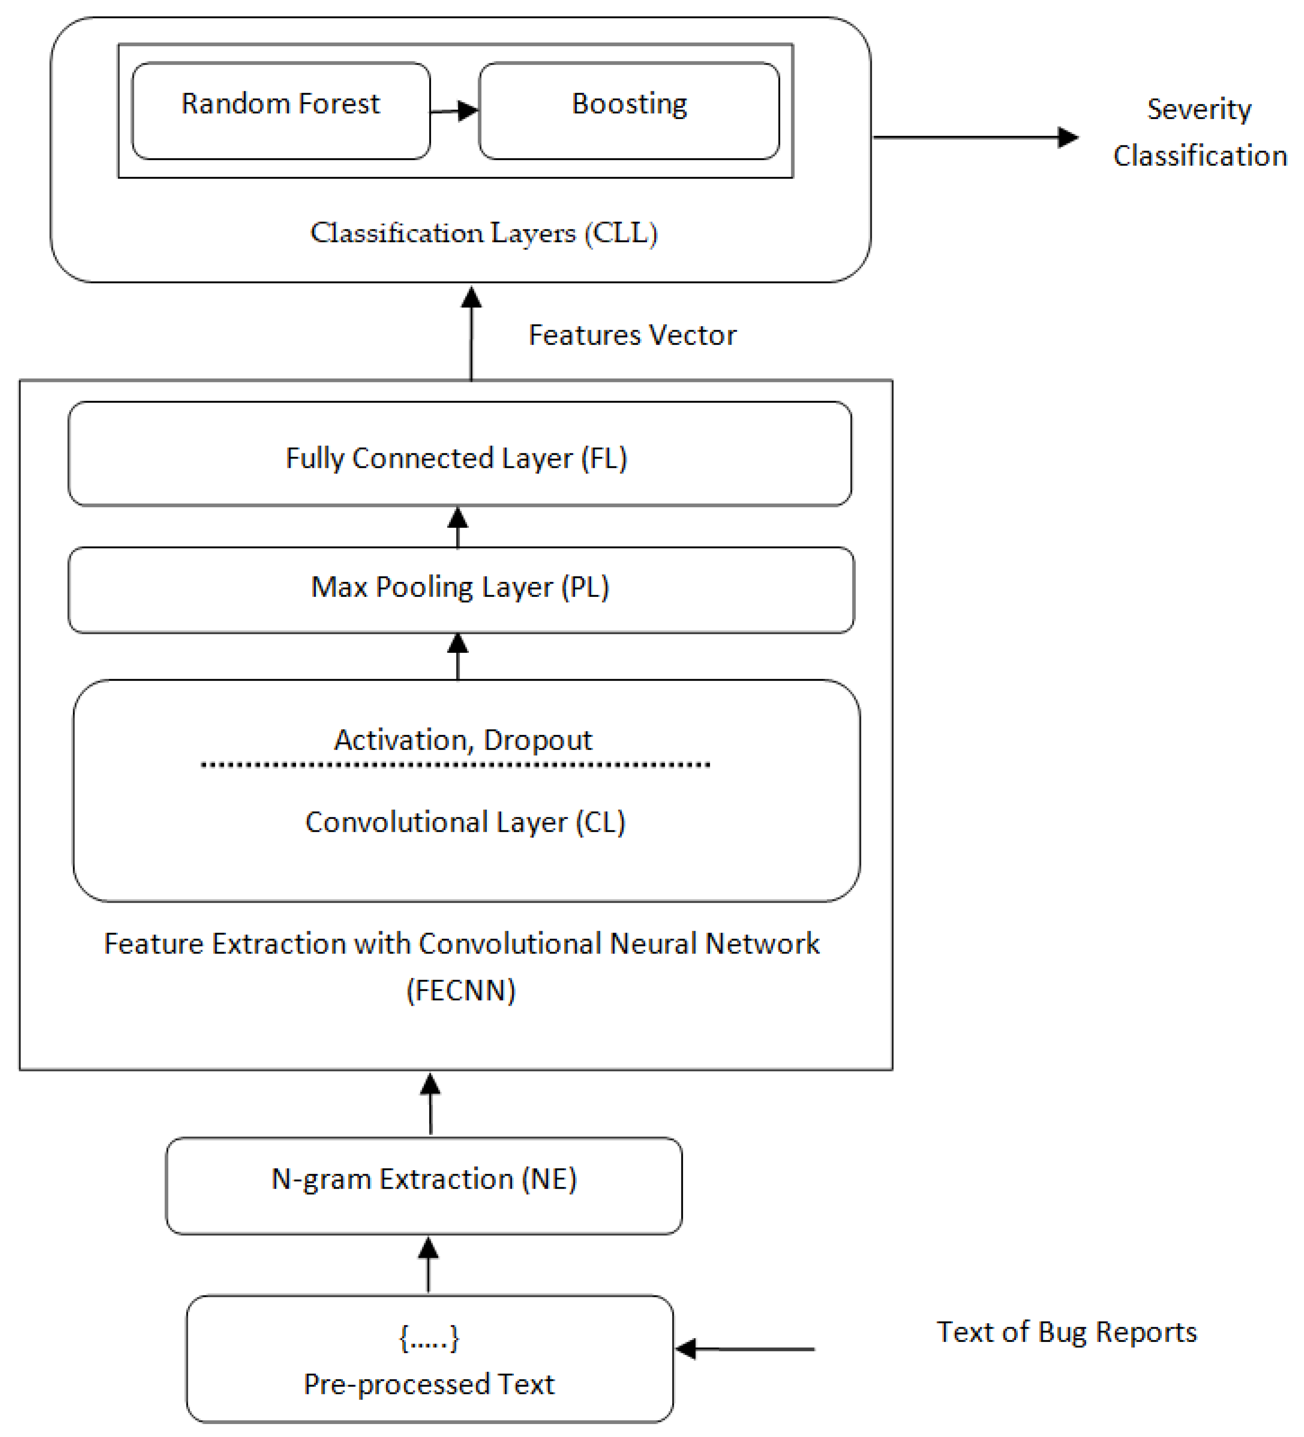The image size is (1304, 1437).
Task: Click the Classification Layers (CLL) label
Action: tap(484, 233)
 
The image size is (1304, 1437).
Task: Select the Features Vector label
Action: tap(632, 335)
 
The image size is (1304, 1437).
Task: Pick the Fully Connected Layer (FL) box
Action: tap(460, 454)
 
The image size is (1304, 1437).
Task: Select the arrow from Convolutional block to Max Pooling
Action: tap(457, 656)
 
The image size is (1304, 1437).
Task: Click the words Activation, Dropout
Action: tap(463, 740)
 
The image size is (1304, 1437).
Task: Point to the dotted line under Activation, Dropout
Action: tap(456, 765)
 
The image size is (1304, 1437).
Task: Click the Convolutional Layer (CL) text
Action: tap(465, 822)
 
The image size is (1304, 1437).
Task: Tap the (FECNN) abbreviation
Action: tap(461, 990)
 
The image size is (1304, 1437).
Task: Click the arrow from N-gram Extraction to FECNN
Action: tap(430, 1104)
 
